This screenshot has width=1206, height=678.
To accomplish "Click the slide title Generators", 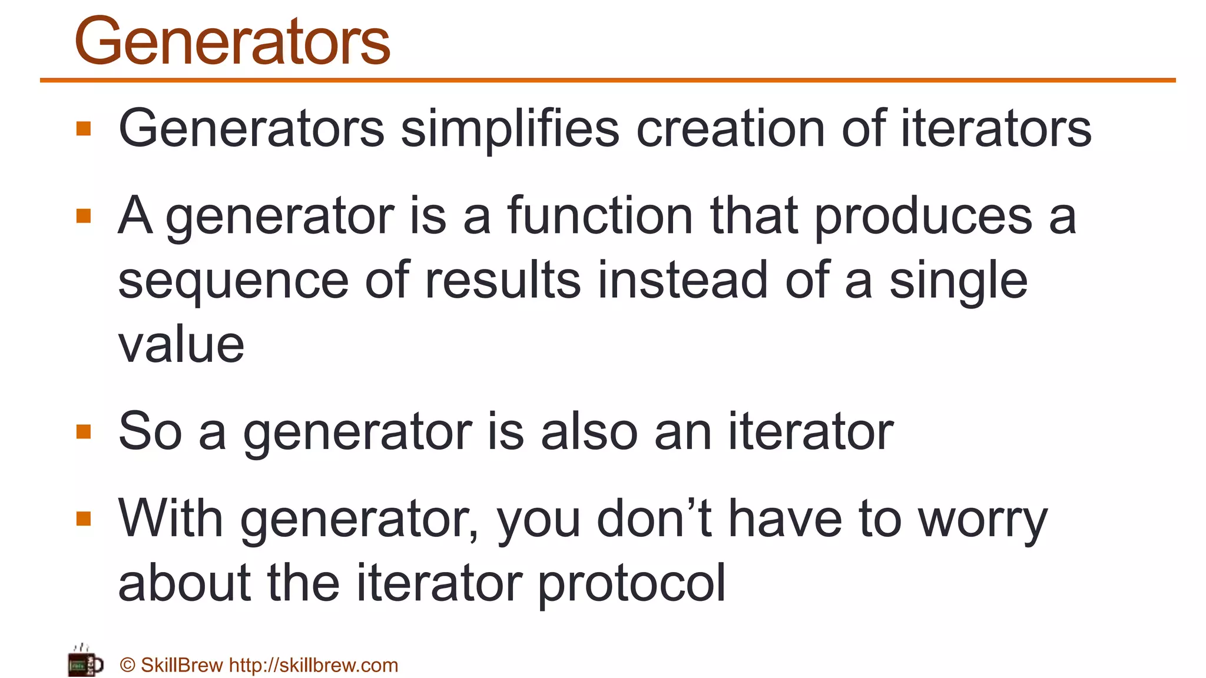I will (x=232, y=41).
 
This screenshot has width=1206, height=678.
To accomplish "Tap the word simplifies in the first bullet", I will (x=510, y=128).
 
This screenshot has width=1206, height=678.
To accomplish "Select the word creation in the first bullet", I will (x=731, y=128).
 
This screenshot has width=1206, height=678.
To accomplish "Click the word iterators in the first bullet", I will (x=996, y=128).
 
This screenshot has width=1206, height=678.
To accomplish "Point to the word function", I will (x=600, y=215).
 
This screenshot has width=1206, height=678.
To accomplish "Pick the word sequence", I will (x=234, y=281).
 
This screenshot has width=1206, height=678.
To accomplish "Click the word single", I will (x=958, y=281).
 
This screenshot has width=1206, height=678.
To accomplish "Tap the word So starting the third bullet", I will (x=150, y=431).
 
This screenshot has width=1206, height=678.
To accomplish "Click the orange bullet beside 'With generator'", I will (x=84, y=519).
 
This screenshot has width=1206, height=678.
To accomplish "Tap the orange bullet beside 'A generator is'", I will (x=84, y=216).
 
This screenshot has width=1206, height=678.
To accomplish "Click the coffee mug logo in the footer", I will (x=85, y=663).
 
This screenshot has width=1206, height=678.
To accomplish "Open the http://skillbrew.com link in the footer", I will (x=313, y=665).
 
